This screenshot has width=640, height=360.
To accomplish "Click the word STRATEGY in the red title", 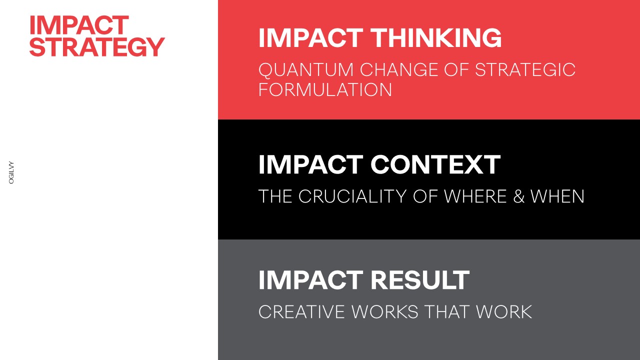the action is pos(97,47).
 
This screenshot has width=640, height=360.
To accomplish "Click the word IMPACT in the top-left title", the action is pos(79,25).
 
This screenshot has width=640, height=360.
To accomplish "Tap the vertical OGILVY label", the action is pos(11,172).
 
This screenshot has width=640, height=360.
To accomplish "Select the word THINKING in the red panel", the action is pos(436,37).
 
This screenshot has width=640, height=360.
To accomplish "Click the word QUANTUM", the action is pos(306,70).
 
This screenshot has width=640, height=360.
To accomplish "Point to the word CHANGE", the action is pos(399,69).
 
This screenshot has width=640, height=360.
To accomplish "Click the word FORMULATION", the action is pos(325,89).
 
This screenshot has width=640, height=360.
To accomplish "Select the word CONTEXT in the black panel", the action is pos(435,164).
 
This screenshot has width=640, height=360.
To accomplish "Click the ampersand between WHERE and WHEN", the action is pos(519,196).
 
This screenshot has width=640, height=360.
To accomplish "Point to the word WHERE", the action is pos(475,196).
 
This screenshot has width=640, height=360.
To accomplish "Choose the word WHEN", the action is pos(557,196).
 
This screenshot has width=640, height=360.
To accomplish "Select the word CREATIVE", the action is pos(301,311).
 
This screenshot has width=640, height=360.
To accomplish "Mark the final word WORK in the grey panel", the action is pos(503,311).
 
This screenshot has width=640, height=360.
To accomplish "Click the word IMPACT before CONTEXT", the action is pos(311,164).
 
